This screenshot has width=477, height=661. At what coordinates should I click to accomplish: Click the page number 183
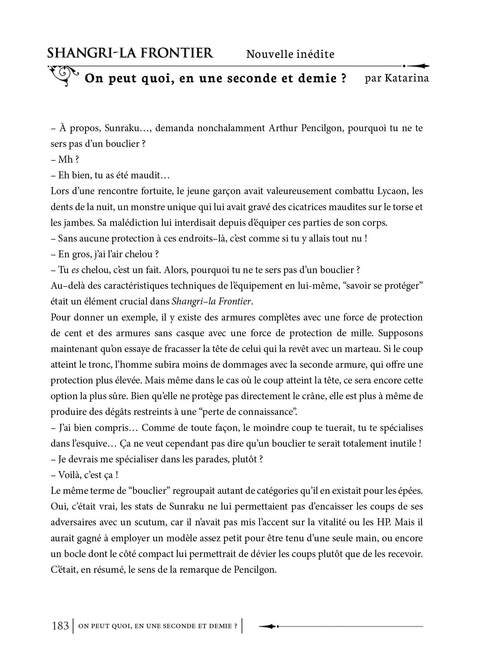[x=60, y=626]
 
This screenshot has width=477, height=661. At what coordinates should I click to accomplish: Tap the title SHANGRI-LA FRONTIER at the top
[x=130, y=53]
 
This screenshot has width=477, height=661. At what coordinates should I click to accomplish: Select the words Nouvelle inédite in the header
[x=290, y=54]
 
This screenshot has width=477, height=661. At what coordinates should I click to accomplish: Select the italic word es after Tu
[x=75, y=270]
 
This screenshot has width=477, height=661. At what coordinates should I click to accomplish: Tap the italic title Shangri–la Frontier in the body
[x=211, y=301]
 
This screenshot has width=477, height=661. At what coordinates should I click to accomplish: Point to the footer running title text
[x=158, y=626]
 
